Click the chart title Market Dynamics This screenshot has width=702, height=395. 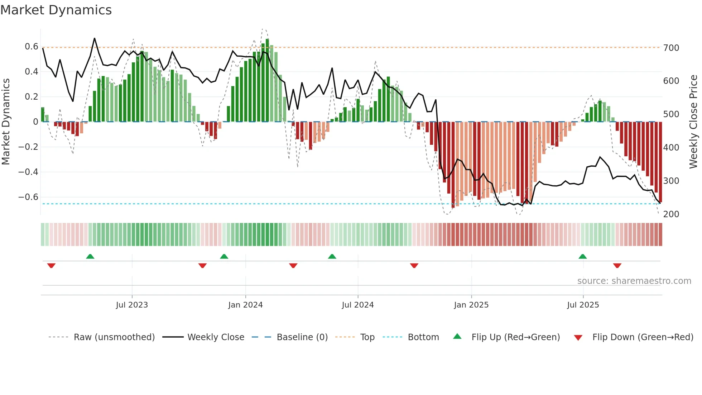pyautogui.click(x=56, y=10)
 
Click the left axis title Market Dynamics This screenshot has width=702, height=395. pyautogui.click(x=6, y=122)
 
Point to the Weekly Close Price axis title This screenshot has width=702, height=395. pyautogui.click(x=693, y=122)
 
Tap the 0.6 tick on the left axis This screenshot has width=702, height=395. pyautogui.click(x=32, y=47)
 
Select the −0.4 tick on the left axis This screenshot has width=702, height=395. pyautogui.click(x=29, y=172)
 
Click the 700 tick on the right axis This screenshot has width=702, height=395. pyautogui.click(x=671, y=48)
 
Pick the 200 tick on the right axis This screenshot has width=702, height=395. pyautogui.click(x=671, y=214)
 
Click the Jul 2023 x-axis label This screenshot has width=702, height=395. pyautogui.click(x=132, y=305)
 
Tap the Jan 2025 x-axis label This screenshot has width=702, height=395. pyautogui.click(x=471, y=305)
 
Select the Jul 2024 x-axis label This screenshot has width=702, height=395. pyautogui.click(x=357, y=305)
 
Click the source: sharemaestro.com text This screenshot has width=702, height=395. pyautogui.click(x=634, y=281)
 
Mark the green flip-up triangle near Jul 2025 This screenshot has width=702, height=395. pyautogui.click(x=582, y=256)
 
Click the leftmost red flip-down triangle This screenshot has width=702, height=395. pyautogui.click(x=51, y=266)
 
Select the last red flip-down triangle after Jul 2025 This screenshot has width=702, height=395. pyautogui.click(x=617, y=266)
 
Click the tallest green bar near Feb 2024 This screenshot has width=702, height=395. pyautogui.click(x=267, y=81)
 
